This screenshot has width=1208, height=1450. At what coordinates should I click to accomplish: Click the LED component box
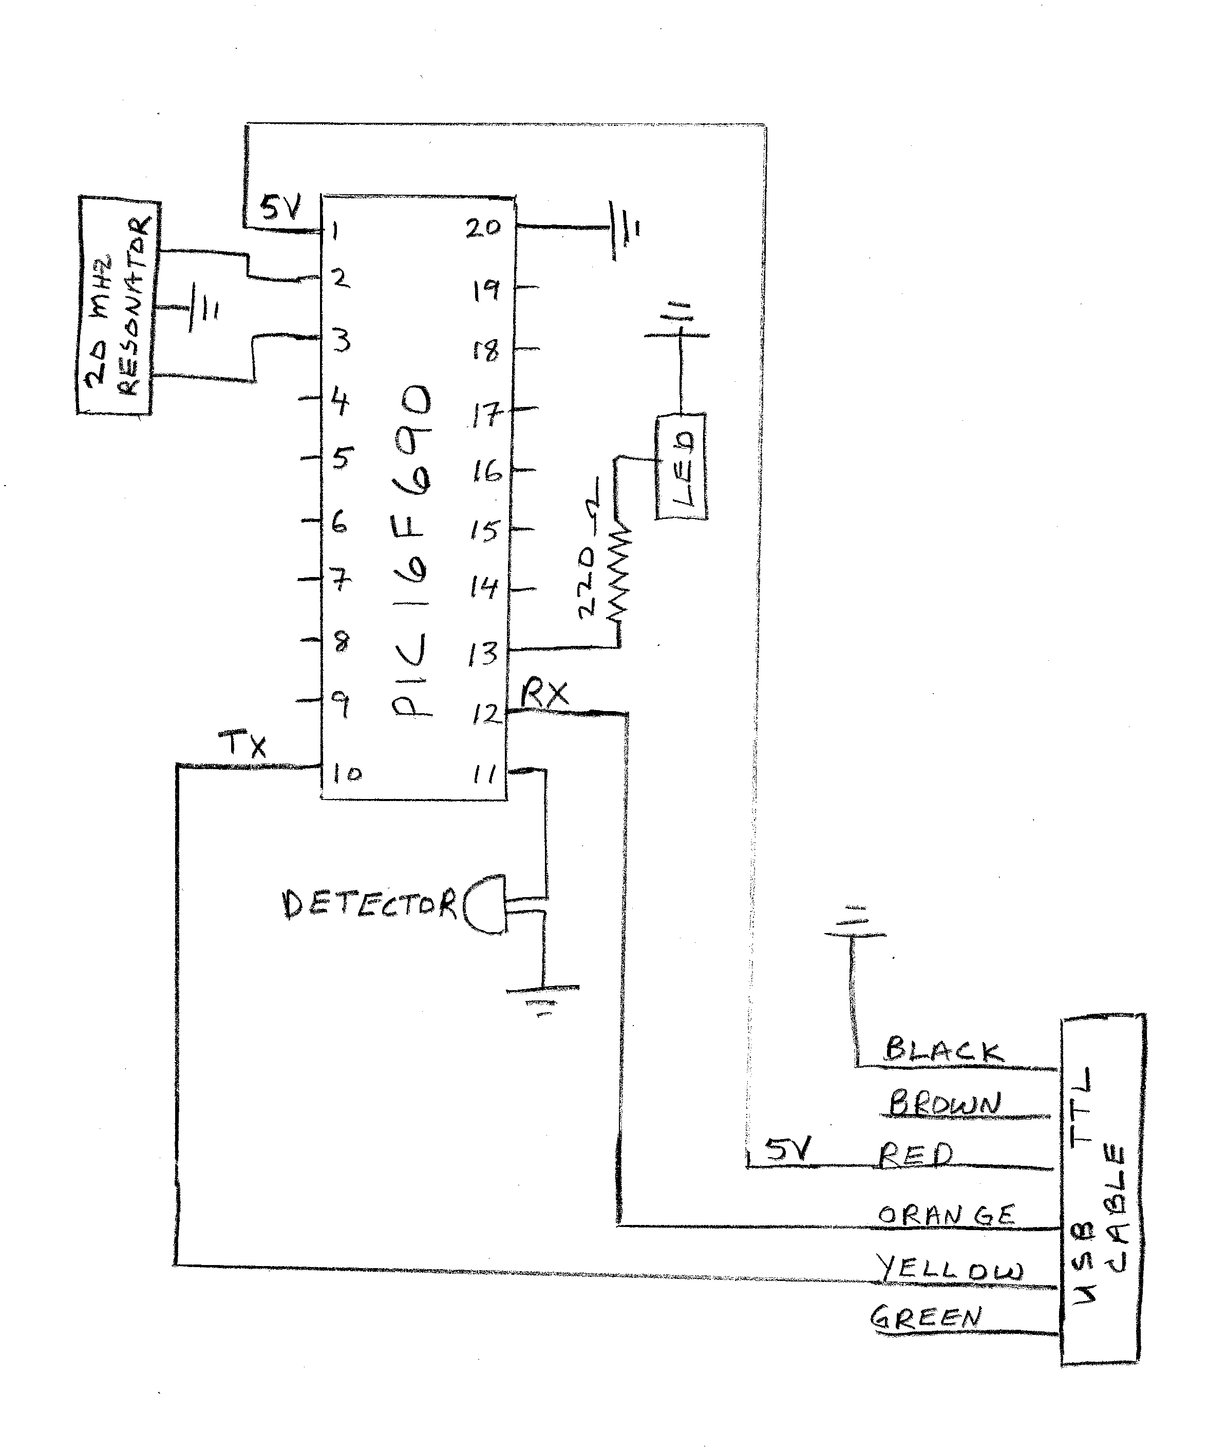click(682, 467)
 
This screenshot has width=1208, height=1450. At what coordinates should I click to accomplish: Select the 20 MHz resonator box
click(119, 306)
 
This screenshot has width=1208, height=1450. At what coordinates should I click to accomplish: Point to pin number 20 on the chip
click(482, 228)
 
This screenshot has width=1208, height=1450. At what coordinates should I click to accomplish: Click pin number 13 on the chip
click(482, 653)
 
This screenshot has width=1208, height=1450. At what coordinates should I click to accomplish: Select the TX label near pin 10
click(242, 745)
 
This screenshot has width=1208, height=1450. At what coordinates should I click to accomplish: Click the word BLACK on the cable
click(943, 1050)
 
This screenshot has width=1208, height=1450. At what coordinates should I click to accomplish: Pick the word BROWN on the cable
click(943, 1103)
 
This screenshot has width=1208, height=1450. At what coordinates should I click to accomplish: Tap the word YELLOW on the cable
click(949, 1269)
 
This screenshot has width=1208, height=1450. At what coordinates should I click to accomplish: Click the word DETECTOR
click(369, 904)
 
